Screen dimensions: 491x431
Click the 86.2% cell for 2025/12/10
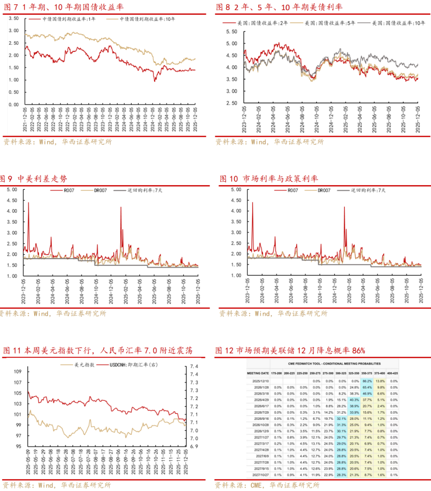pos(367,381)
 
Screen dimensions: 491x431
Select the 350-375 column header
pos(367,373)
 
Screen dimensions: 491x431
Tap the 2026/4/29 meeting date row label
pos(261,400)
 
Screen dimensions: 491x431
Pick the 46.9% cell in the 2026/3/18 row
pos(367,394)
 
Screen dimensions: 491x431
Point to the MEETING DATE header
pos(258,373)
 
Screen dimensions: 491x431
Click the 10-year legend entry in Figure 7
pos(147,19)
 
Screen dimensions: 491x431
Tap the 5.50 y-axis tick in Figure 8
pos(231,32)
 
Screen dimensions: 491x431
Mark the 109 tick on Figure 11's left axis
pos(18,372)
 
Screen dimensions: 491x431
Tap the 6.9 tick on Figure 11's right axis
pos(194,447)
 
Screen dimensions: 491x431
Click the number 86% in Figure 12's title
pos(358,351)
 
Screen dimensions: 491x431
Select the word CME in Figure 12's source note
pos(256,485)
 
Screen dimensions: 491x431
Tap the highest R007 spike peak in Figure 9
pos(28,203)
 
